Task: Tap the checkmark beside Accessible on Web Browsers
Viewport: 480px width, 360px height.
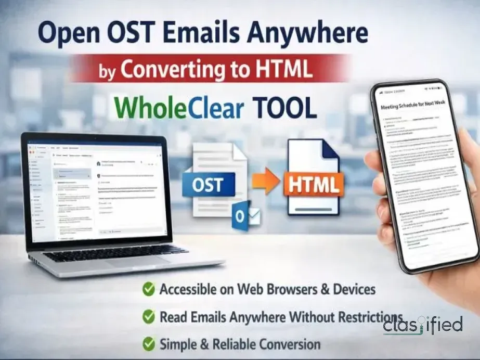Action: click(149, 289)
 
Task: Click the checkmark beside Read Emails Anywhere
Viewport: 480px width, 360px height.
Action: click(149, 316)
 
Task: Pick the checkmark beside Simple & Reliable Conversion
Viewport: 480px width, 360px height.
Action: click(149, 343)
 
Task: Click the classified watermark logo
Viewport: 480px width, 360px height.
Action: click(423, 326)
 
